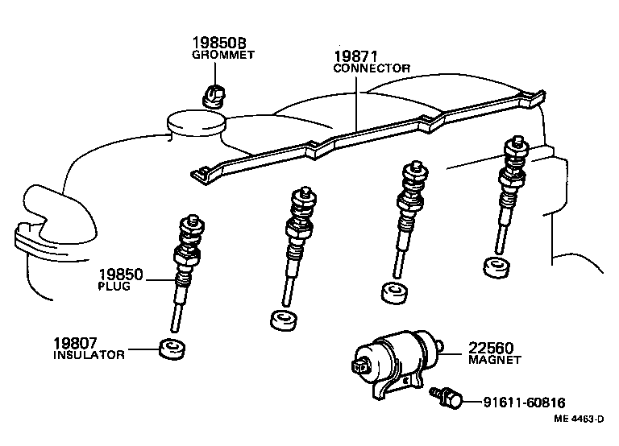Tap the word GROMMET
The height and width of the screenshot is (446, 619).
click(222, 56)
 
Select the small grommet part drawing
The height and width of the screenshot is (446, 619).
click(214, 95)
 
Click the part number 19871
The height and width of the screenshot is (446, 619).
click(356, 56)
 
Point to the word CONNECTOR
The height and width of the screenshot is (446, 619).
click(372, 69)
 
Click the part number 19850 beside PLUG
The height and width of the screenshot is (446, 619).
click(121, 275)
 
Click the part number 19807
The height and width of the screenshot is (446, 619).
click(77, 343)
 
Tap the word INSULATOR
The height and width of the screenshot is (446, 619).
click(89, 355)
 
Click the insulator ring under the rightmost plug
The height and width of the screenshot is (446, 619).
click(495, 266)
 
